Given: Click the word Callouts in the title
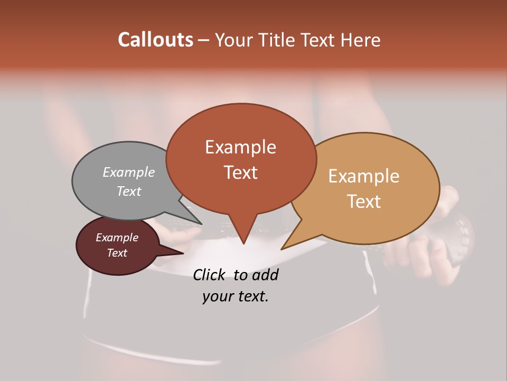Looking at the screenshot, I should pyautogui.click(x=155, y=40).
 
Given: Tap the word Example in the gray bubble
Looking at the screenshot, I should pyautogui.click(x=129, y=172).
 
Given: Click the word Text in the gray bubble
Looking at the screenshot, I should pyautogui.click(x=129, y=191).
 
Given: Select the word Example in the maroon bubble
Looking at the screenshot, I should pyautogui.click(x=117, y=238).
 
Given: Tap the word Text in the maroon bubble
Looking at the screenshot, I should pyautogui.click(x=117, y=253).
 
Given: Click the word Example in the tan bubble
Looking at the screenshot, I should pyautogui.click(x=364, y=176).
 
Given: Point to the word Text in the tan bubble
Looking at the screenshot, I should pyautogui.click(x=364, y=201).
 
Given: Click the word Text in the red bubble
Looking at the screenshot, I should pyautogui.click(x=241, y=173).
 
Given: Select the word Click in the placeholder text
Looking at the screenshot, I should pyautogui.click(x=210, y=275).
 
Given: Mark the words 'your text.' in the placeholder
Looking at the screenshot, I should pyautogui.click(x=236, y=296).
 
